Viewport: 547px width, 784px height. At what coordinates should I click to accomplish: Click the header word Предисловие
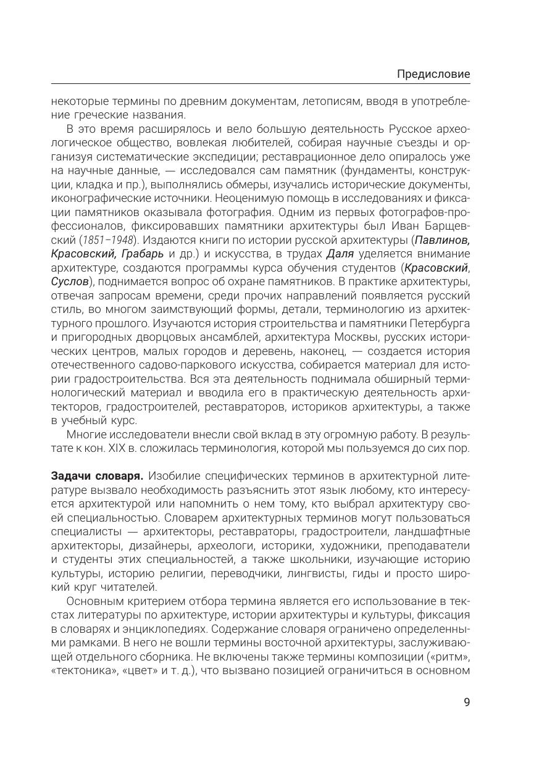tap(433, 74)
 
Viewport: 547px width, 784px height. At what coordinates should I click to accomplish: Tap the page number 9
tap(466, 702)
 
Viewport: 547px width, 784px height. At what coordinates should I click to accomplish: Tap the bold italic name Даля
tap(339, 254)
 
